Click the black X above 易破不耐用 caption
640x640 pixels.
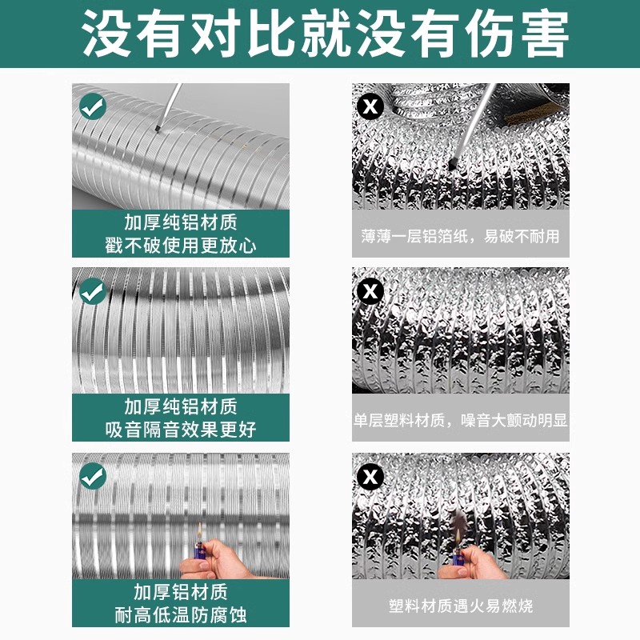coord(370,106)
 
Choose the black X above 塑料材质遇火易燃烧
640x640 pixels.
coord(370,478)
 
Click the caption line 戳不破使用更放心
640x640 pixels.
coord(180,245)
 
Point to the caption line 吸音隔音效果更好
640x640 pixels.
coord(180,430)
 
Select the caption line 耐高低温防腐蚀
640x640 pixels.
coord(180,614)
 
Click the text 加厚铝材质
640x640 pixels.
coord(180,592)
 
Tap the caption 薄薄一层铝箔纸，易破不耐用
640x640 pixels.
coord(460,236)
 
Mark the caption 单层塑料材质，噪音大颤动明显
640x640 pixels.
coord(460,421)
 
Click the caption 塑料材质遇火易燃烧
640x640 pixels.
coord(460,606)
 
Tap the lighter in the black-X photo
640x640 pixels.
coord(458,556)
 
